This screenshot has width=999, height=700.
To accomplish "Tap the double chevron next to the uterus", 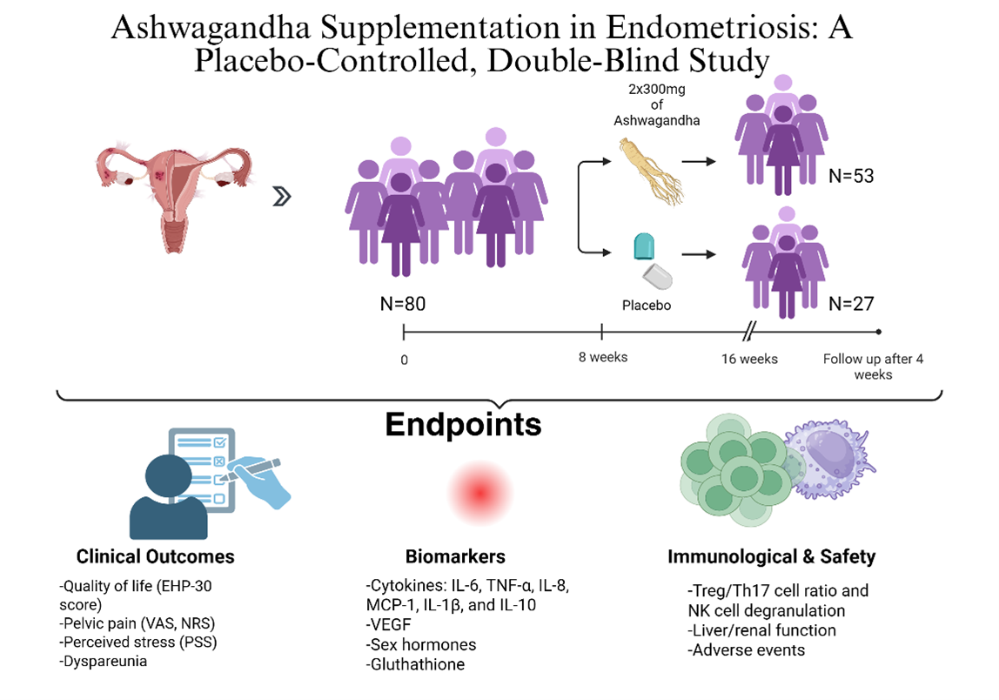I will [280, 198].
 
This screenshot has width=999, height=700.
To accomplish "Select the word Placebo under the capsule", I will [646, 306].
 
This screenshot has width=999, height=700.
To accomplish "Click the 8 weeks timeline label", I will [602, 358].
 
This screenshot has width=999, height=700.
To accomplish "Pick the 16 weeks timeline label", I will [748, 359].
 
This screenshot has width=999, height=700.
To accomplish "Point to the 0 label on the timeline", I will [404, 359].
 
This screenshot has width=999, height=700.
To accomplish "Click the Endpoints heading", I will [463, 424].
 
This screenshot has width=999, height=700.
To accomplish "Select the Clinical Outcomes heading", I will [155, 556].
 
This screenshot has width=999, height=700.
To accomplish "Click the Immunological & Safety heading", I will [771, 556].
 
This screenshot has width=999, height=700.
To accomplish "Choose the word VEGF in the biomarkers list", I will [389, 624].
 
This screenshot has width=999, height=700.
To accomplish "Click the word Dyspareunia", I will [103, 662].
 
